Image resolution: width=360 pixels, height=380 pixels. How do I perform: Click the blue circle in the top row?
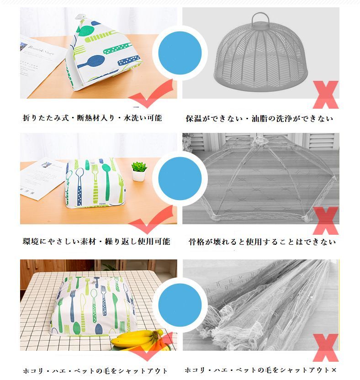click(x=180, y=53)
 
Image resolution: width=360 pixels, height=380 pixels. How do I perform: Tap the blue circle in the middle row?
click(x=180, y=179)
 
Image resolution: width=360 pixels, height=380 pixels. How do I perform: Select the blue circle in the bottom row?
click(x=180, y=305)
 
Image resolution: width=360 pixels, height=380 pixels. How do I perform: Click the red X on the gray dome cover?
click(x=326, y=95)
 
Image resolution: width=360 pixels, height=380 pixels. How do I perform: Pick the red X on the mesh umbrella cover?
click(x=326, y=221)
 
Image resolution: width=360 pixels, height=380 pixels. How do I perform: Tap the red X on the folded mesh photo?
click(x=326, y=348)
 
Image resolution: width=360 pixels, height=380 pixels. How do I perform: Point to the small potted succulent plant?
click(x=139, y=171)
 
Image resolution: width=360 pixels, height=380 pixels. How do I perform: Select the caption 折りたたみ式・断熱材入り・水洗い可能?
click(x=92, y=118)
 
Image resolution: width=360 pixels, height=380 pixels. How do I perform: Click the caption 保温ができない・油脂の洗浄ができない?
click(x=259, y=118)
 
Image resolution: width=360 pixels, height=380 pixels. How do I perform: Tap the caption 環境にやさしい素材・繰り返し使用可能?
click(x=96, y=241)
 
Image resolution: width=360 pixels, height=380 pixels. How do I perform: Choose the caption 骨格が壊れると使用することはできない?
click(x=262, y=242)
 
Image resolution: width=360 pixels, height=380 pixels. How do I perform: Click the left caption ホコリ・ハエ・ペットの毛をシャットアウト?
click(x=95, y=371)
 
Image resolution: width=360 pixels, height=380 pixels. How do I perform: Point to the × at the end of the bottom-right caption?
click(x=334, y=370)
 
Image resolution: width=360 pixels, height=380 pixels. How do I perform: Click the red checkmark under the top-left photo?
click(x=151, y=94)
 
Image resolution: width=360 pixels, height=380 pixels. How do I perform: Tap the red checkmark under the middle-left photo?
click(x=151, y=220)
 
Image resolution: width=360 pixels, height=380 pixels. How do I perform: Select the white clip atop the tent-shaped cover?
click(x=80, y=17)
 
